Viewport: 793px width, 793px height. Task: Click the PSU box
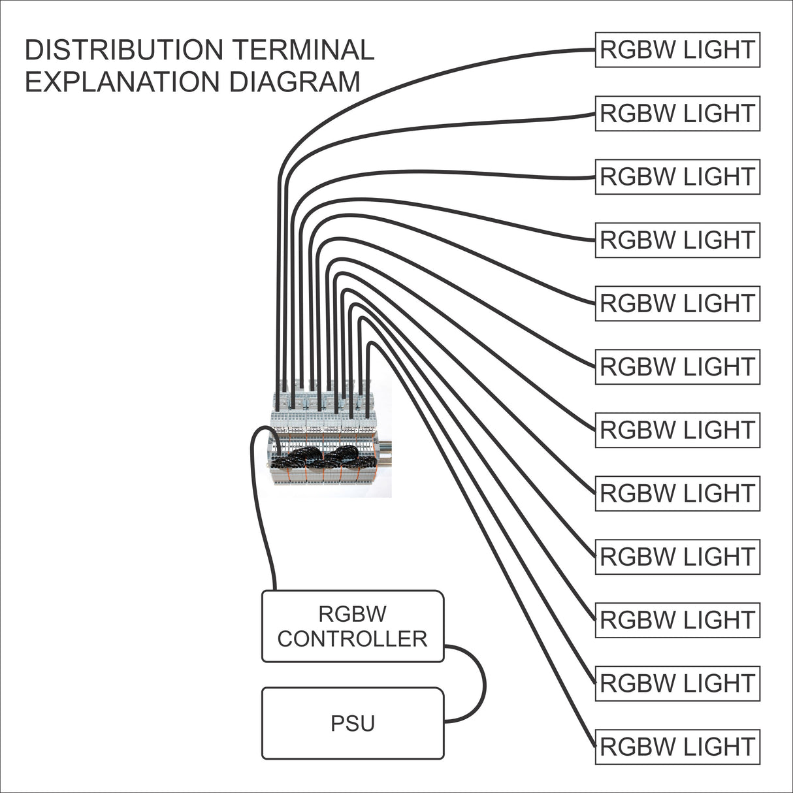click(353, 723)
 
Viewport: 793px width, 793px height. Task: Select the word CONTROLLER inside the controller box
click(352, 638)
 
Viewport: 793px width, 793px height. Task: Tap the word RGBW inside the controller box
click(352, 614)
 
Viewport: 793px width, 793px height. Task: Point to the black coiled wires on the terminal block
click(320, 457)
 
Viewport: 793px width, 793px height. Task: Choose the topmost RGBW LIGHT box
click(677, 50)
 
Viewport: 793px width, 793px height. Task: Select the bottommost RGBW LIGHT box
click(677, 747)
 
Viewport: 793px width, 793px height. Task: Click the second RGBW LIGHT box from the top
click(677, 113)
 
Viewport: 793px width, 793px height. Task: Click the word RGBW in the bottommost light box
click(638, 747)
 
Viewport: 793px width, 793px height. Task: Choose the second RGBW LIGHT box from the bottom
click(677, 683)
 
